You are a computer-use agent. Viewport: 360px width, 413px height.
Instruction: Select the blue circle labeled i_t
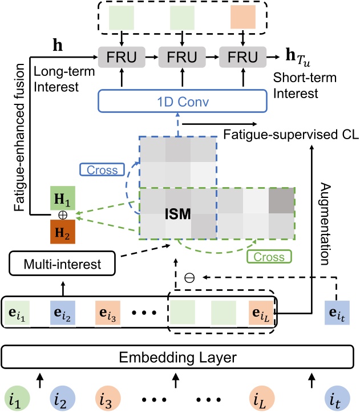tap(337, 395)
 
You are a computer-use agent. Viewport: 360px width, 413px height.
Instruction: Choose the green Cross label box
tap(265, 256)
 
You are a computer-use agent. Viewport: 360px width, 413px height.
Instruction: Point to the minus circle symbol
tap(189, 278)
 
